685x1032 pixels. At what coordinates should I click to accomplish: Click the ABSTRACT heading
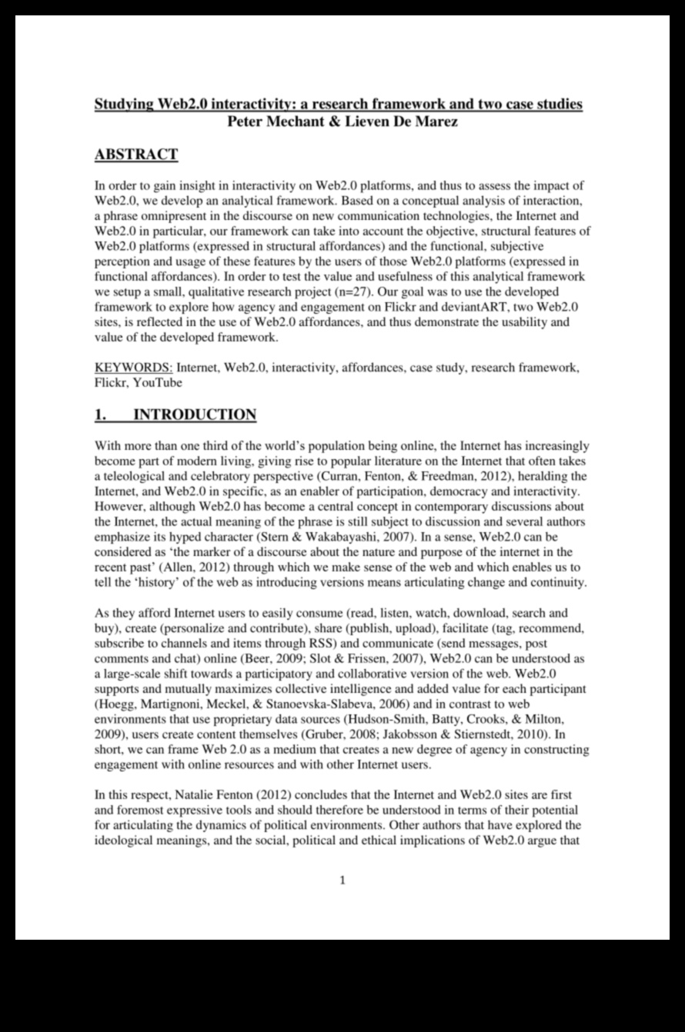coord(135,155)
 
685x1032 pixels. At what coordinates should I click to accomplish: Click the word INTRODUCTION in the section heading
coord(195,415)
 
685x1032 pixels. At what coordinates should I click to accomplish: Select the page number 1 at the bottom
coord(342,880)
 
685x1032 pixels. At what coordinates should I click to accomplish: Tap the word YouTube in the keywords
coord(158,382)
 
